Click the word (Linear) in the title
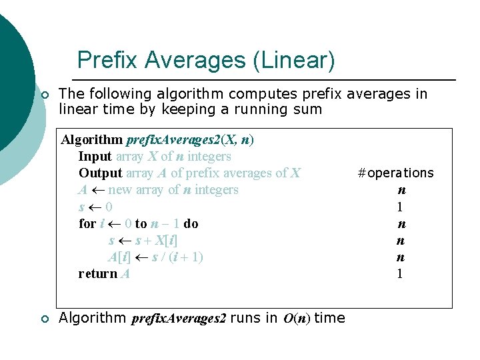pyautogui.click(x=293, y=61)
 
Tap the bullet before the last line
pyautogui.click(x=45, y=319)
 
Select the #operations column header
pyautogui.click(x=395, y=173)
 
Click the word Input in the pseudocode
pyautogui.click(x=95, y=157)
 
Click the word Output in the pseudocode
pyautogui.click(x=100, y=173)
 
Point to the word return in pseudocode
pyautogui.click(x=97, y=273)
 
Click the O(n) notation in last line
pyautogui.click(x=297, y=319)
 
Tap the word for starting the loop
pyautogui.click(x=87, y=223)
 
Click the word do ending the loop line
pyautogui.click(x=191, y=223)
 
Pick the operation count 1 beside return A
pyautogui.click(x=400, y=273)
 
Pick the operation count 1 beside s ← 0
pyautogui.click(x=400, y=207)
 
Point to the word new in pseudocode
pyautogui.click(x=119, y=190)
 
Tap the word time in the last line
pyautogui.click(x=329, y=318)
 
